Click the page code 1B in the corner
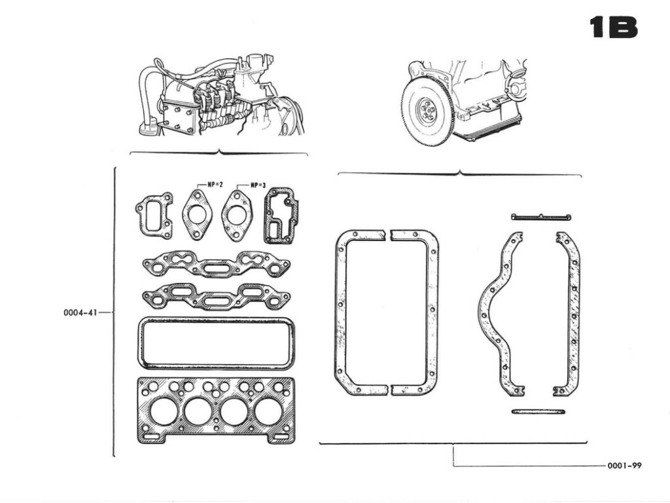tap(612, 28)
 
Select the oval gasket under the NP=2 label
tap(197, 215)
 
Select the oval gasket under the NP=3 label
tap(236, 215)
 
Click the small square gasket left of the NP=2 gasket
tap(154, 215)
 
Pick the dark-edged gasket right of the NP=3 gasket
tap(281, 215)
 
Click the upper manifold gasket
tap(217, 265)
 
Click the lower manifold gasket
tap(217, 297)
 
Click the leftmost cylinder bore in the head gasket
tap(163, 411)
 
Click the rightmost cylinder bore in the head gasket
tap(268, 411)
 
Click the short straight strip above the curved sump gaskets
tap(540, 217)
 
